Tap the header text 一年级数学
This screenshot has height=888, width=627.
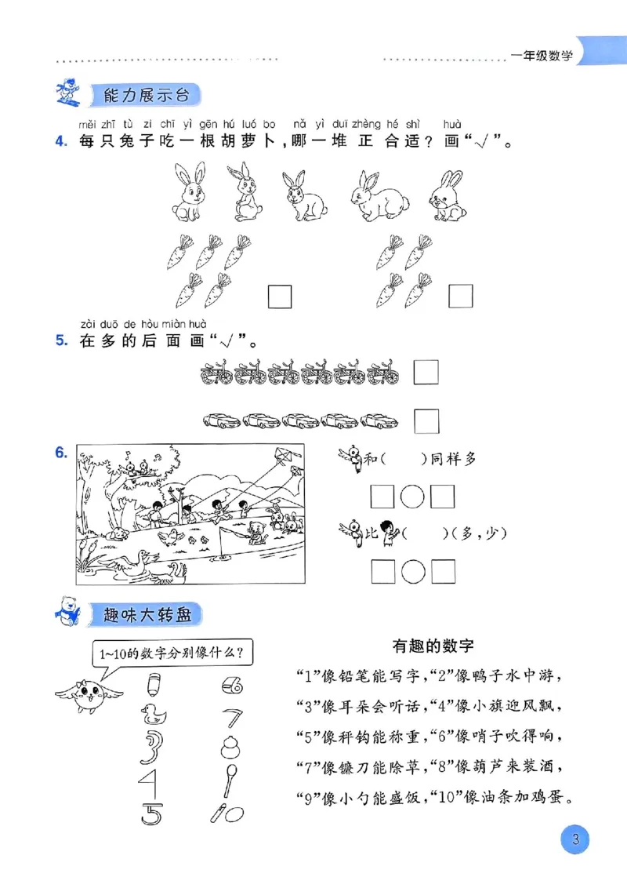point(542,56)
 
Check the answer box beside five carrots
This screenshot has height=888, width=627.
point(280,296)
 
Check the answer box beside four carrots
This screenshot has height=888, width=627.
point(460,296)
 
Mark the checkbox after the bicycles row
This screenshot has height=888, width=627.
point(426,371)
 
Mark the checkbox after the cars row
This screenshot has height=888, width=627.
point(426,421)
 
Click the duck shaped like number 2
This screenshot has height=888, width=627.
point(154,712)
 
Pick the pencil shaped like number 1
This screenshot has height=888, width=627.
point(153,685)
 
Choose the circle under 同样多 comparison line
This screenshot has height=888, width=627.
point(412,497)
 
